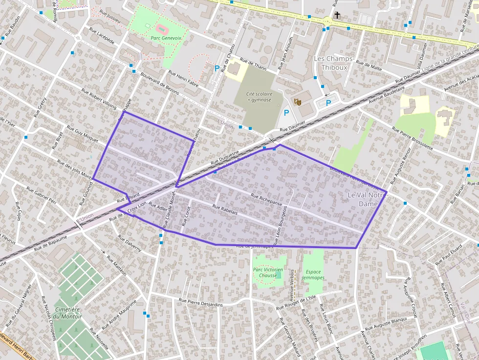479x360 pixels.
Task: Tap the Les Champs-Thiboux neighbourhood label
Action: (333, 63)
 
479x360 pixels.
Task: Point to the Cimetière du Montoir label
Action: (68, 313)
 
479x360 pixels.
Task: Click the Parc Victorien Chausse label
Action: (268, 272)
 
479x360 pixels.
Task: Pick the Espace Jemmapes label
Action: (313, 275)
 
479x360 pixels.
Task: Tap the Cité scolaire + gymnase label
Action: (259, 96)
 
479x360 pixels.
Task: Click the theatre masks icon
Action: (297, 102)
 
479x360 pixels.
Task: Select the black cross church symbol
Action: (337, 16)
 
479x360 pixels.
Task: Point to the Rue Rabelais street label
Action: (225, 209)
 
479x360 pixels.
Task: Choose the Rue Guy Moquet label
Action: (83, 136)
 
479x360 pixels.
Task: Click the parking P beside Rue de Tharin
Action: (217, 68)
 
